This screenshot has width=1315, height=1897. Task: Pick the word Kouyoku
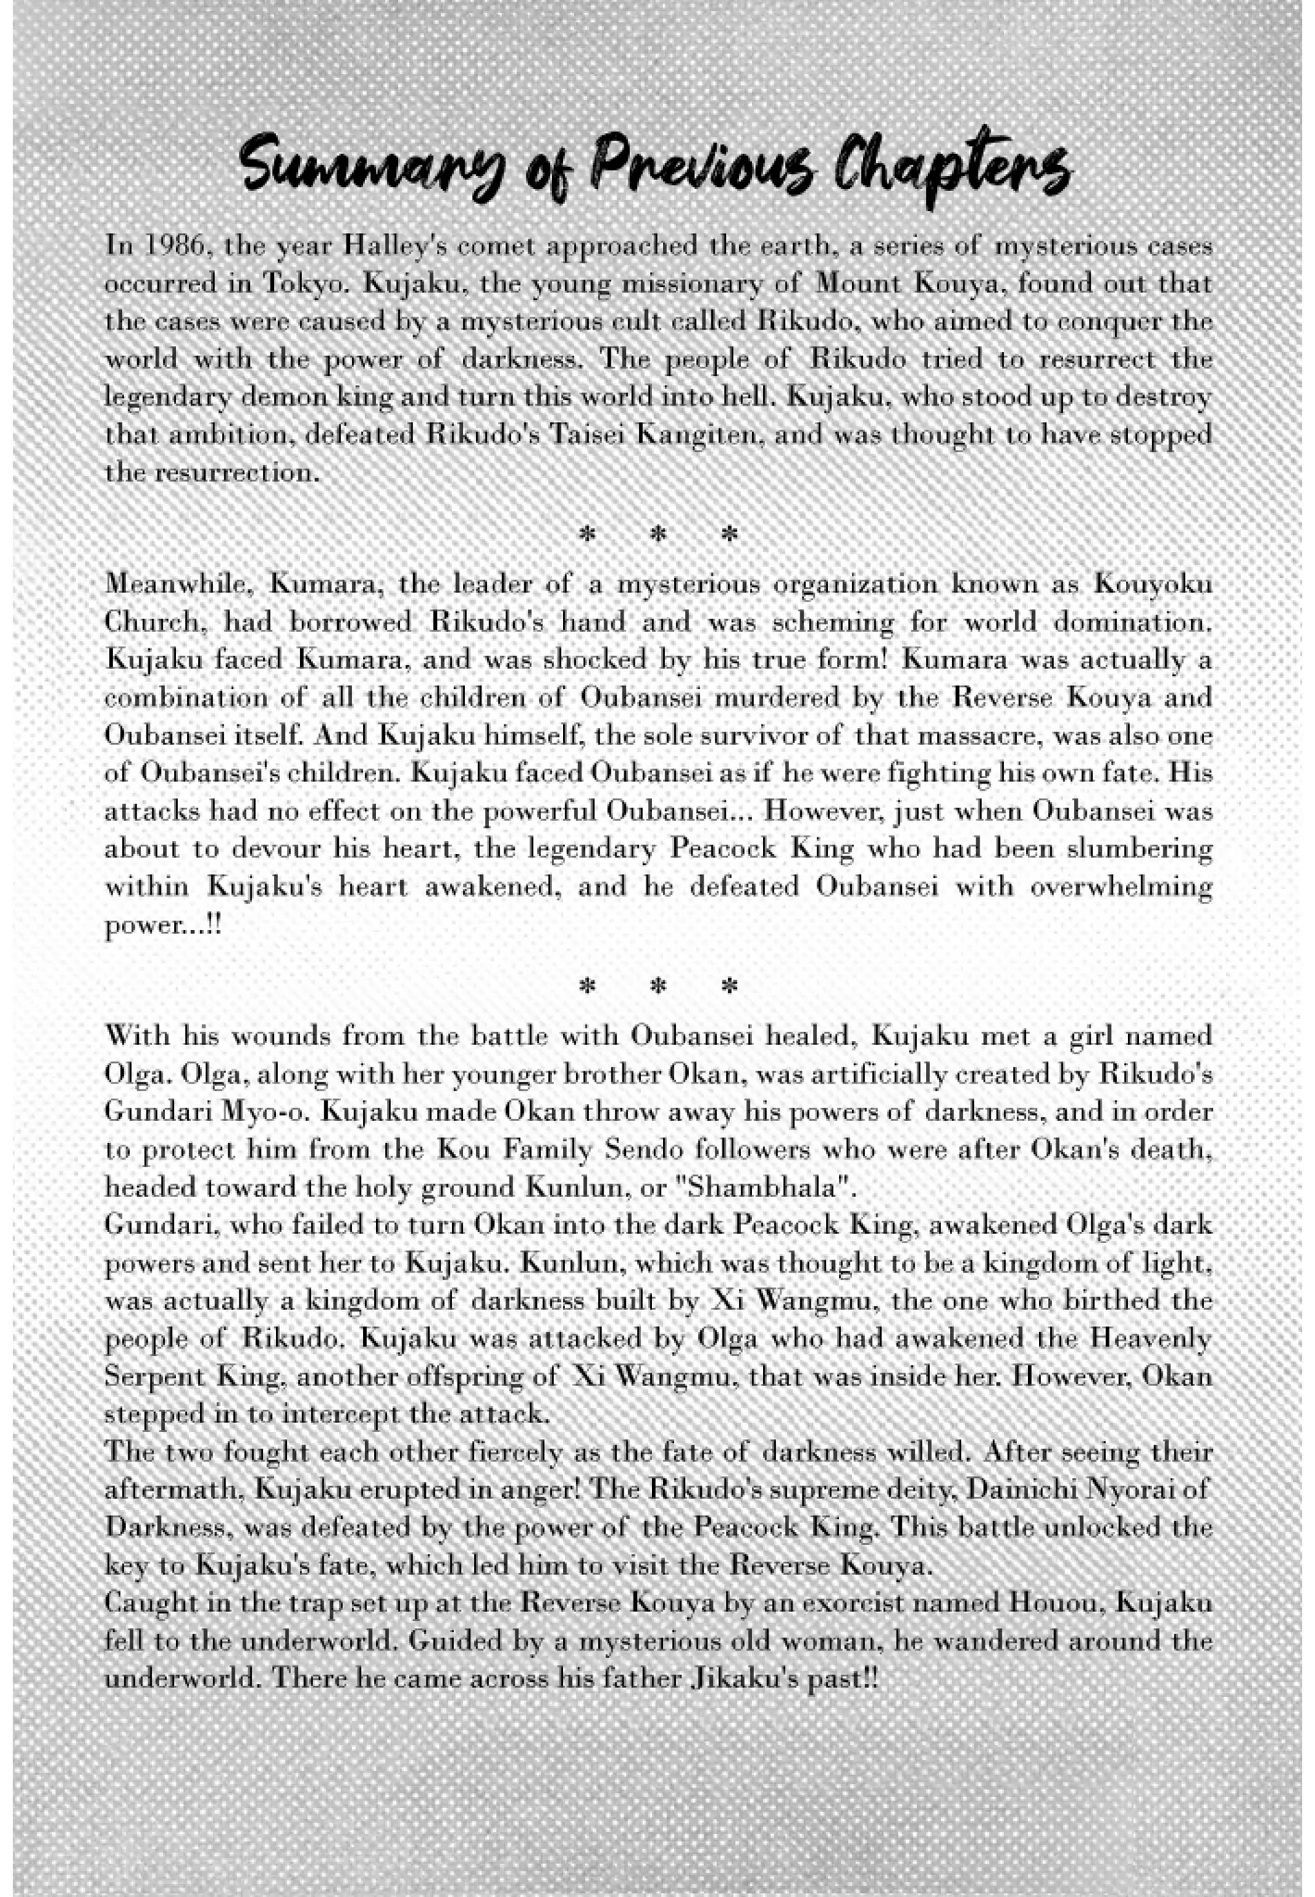pyautogui.click(x=1153, y=585)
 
